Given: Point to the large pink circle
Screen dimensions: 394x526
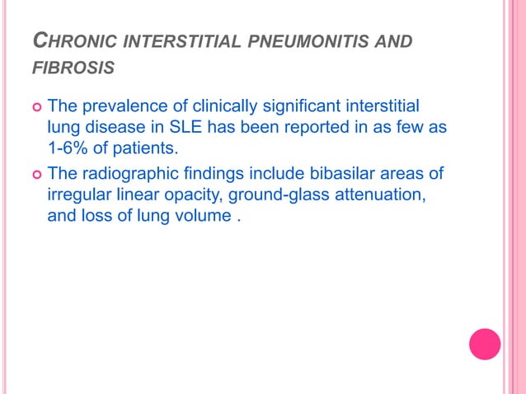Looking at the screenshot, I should tap(485, 344).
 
